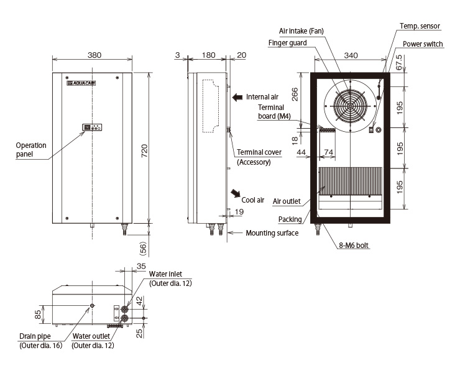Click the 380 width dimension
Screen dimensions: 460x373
tap(94, 55)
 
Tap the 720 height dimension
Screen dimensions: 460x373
tap(144, 151)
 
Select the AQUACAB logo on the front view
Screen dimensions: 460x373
tap(81, 83)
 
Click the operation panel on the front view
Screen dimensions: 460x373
tap(92, 127)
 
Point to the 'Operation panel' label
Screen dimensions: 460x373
tap(31, 150)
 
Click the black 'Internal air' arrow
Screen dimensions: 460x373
tap(237, 97)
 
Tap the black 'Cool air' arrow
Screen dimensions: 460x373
tap(235, 193)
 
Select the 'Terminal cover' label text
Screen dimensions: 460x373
tap(259, 152)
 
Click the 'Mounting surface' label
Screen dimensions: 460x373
tap(272, 233)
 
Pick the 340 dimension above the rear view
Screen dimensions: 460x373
tap(351, 55)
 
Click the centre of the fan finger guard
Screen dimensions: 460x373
tap(350, 106)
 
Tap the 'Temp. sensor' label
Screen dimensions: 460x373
tap(420, 26)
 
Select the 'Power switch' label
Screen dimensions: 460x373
tap(423, 44)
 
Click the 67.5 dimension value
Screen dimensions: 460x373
tap(399, 62)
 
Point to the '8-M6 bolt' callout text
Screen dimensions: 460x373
tap(354, 246)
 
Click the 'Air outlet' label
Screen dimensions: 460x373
tap(287, 201)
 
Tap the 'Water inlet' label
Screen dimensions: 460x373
tap(165, 274)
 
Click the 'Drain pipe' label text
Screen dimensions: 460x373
tap(35, 336)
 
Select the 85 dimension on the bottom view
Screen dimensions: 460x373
tap(38, 315)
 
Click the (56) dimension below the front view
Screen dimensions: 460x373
tap(144, 248)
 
